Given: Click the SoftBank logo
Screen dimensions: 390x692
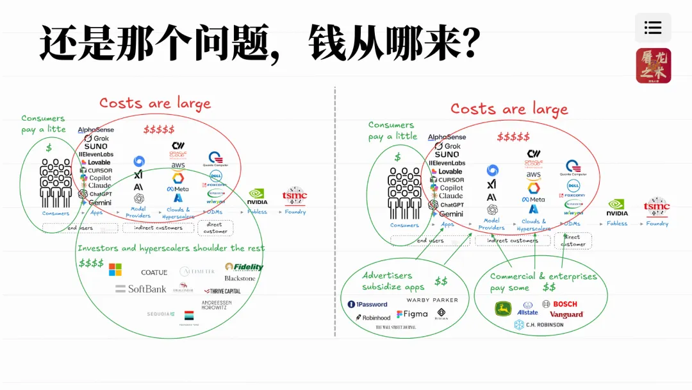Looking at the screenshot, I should (x=141, y=289).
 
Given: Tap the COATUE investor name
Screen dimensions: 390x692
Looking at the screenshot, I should (x=154, y=273).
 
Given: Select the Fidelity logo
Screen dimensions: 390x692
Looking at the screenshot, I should (x=243, y=267).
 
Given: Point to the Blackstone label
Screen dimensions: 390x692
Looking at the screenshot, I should (x=240, y=278).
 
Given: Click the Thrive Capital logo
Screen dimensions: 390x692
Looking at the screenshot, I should (x=222, y=291).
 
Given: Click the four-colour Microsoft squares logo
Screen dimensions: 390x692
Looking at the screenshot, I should (x=115, y=270).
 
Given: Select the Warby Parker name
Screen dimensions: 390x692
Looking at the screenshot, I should (x=432, y=300).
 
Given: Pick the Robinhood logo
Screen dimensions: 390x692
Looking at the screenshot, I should (x=373, y=317).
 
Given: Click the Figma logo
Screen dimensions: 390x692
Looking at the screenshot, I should (x=412, y=314).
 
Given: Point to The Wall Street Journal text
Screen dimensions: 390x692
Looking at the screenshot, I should (x=395, y=327).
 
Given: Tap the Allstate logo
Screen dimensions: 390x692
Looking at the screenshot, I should (x=527, y=309).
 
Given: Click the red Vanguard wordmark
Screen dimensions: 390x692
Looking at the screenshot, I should (x=566, y=314).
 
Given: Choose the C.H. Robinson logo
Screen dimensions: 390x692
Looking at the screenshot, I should (x=539, y=325).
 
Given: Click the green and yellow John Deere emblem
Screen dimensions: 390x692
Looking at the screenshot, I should (x=504, y=309).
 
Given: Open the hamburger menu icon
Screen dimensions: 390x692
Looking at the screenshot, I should (x=653, y=28).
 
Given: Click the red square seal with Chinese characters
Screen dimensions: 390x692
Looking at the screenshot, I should (x=653, y=65).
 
